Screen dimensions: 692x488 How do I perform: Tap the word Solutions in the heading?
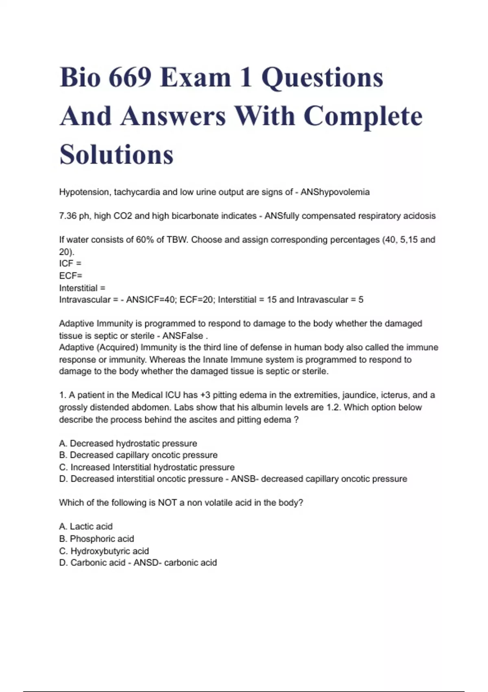[x=117, y=155]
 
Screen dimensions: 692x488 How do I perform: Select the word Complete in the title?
[x=363, y=116]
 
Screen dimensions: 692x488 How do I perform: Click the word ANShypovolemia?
[x=335, y=192]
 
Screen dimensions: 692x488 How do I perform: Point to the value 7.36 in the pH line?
[x=68, y=216]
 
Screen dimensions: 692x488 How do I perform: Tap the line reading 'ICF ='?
[x=70, y=264]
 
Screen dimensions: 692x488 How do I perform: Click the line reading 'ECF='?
[x=70, y=276]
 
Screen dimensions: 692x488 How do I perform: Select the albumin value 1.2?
[x=333, y=407]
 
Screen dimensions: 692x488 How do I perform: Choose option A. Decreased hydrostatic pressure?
[x=128, y=443]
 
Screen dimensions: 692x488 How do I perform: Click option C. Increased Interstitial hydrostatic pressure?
[x=147, y=467]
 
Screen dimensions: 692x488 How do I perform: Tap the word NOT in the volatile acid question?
[x=167, y=503]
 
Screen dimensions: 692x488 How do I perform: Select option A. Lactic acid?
[x=86, y=527]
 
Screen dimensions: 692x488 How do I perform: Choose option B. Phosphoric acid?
[x=96, y=539]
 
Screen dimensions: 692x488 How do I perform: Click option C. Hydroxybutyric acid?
[x=104, y=551]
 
